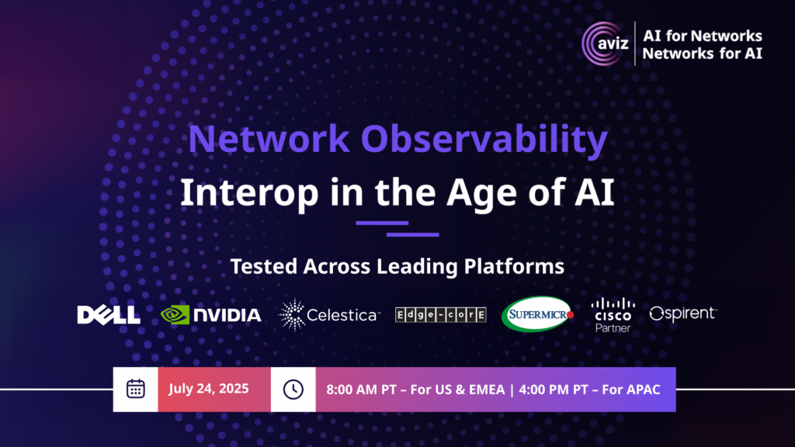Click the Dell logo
pos(109,315)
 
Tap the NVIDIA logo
pos(211,315)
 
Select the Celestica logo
pos(329,315)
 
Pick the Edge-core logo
pos(441,315)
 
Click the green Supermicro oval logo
pos(537,314)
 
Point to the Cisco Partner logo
pos(613,315)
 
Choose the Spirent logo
pos(683,314)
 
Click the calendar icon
pos(135,389)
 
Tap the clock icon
pos(293,390)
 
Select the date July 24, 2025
pos(208,389)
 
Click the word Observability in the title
pos(484,139)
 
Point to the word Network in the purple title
pos(269,138)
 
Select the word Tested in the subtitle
pos(263,266)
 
